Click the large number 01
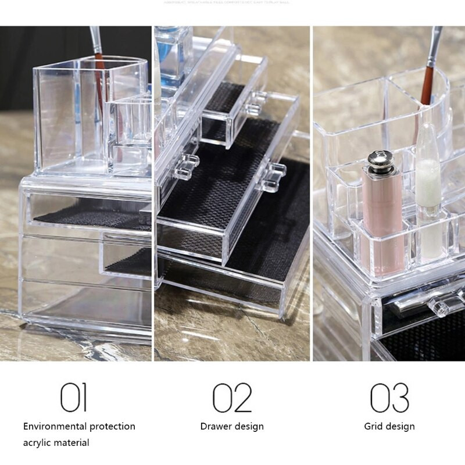[74, 398]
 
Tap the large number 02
[232, 398]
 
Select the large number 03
[389, 398]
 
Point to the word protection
[111, 427]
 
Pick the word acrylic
[39, 443]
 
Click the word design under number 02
[249, 427]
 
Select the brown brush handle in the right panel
[428, 87]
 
